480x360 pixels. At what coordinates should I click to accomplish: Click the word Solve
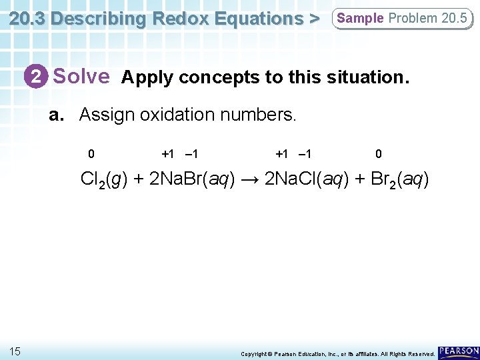[x=81, y=77]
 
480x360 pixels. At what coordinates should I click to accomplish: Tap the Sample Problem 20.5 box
[x=402, y=18]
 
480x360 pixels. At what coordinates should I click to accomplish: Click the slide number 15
[x=15, y=351]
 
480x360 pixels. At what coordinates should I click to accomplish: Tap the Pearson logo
[x=459, y=351]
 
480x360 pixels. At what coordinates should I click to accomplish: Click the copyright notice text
[x=338, y=353]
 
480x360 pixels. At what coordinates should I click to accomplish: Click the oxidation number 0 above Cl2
[x=91, y=154]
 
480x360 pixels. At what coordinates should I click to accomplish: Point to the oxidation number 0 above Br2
[x=379, y=154]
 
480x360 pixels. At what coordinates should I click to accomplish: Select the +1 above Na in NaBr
[x=168, y=154]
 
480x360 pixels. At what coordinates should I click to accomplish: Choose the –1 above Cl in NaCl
[x=305, y=154]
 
